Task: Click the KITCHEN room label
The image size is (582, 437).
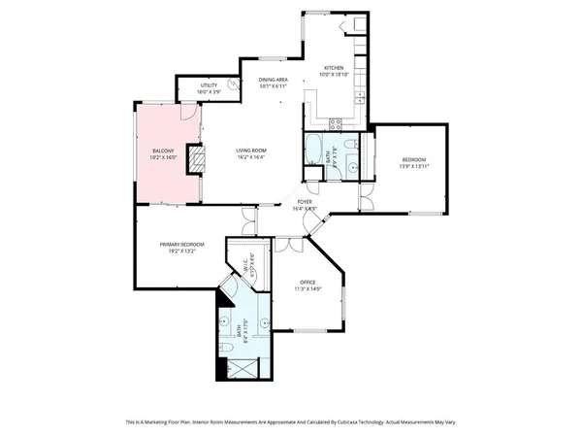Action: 335,66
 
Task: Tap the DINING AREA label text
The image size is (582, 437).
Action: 273,80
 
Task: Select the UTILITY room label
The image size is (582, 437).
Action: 209,85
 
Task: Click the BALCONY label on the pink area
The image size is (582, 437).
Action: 163,151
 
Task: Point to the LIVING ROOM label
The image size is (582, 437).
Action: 251,151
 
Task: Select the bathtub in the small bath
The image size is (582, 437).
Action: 316,151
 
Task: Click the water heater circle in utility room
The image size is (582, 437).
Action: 233,85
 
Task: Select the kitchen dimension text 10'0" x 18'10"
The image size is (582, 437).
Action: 335,73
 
